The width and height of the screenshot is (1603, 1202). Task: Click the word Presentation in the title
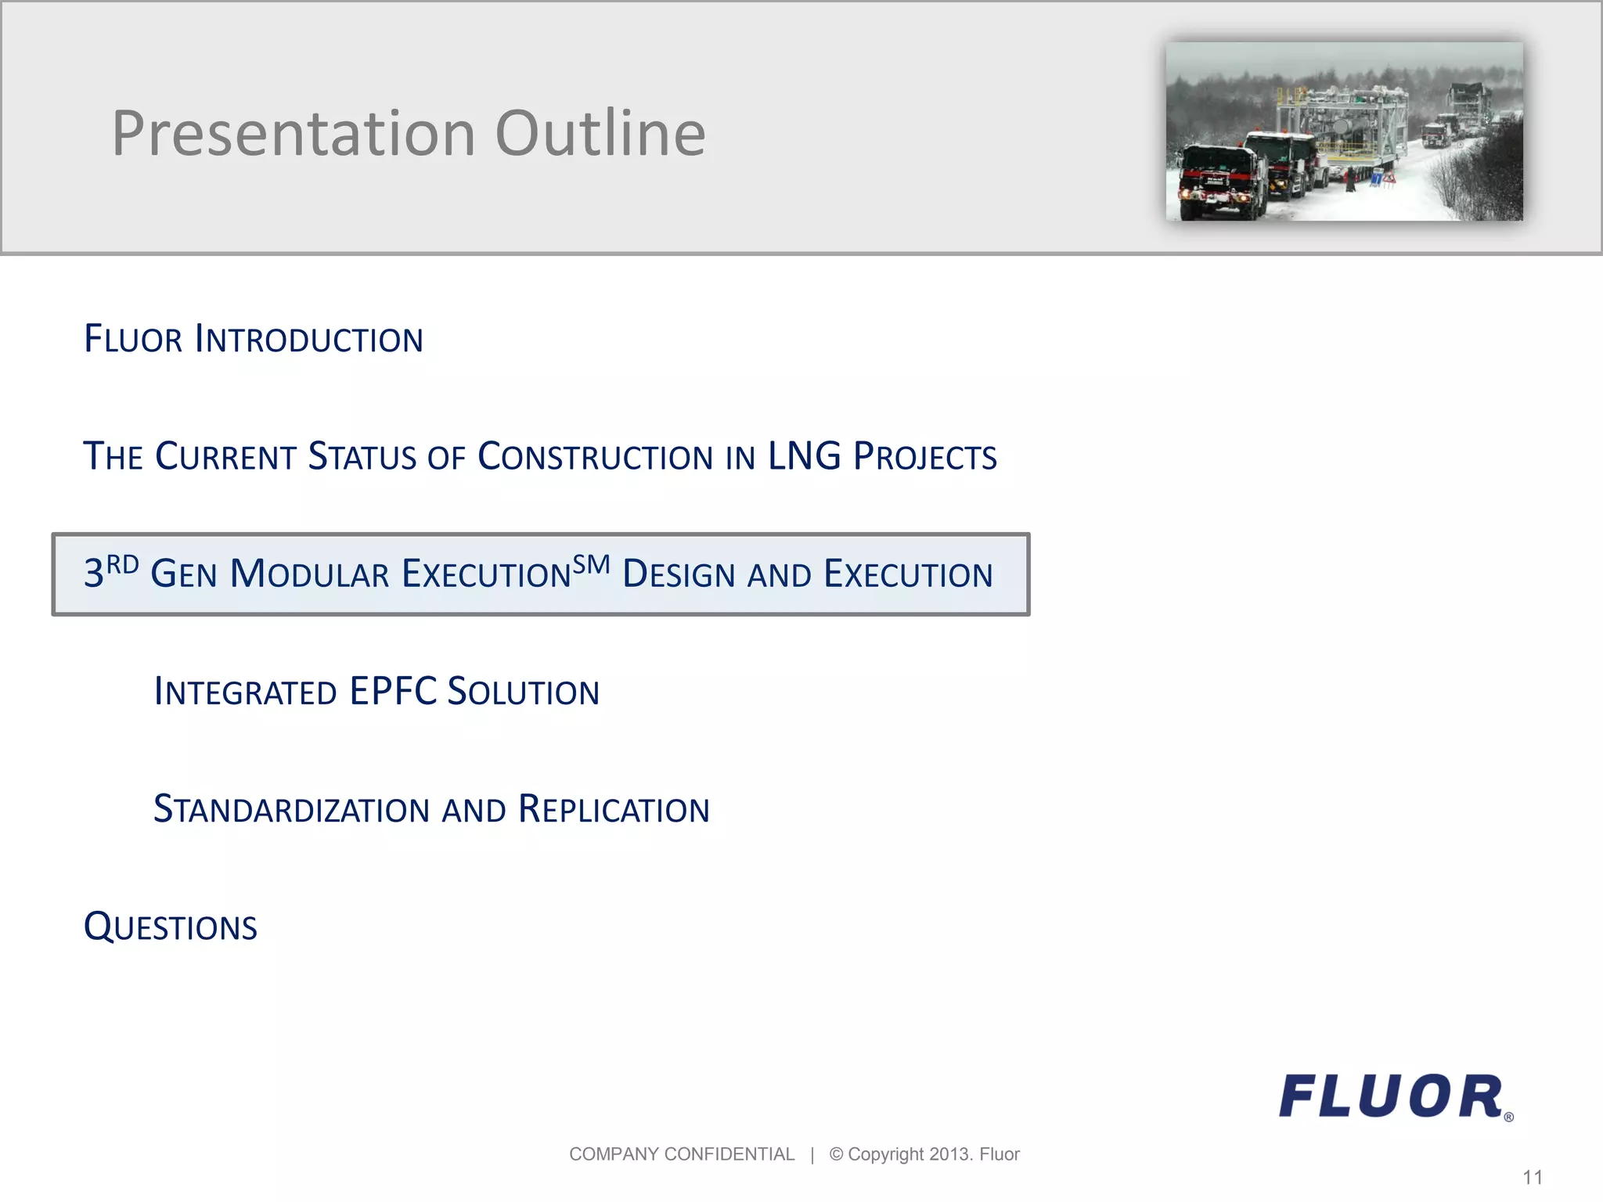coord(294,134)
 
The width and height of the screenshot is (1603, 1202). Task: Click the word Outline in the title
coord(600,134)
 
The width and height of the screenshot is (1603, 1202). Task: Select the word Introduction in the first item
coord(308,340)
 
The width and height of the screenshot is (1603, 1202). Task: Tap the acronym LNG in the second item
coord(804,456)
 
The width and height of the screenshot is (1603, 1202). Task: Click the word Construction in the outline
coord(595,457)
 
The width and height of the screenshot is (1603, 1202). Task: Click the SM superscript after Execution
coord(591,564)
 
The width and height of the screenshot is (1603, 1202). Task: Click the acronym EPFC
coord(393,692)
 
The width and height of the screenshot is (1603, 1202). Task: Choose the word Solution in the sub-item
coord(523,693)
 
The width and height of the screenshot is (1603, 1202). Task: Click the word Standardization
coord(291,810)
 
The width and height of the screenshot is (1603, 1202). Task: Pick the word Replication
coord(614,810)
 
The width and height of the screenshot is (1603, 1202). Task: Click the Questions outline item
coord(171,927)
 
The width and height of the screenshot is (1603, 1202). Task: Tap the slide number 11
coord(1532,1178)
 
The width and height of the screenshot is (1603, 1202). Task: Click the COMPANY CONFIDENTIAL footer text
coord(681,1154)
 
